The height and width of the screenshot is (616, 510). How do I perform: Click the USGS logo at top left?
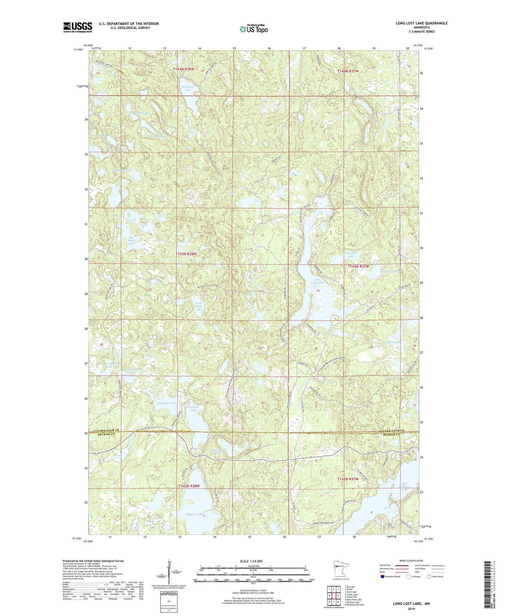pyautogui.click(x=78, y=27)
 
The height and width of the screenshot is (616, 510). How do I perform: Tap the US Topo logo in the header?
pyautogui.click(x=253, y=29)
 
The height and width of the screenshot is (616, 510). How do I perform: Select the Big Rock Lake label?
pyautogui.click(x=131, y=240)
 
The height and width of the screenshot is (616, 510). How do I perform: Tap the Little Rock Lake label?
pyautogui.click(x=199, y=306)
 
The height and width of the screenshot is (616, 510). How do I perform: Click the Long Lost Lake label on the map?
pyautogui.click(x=318, y=281)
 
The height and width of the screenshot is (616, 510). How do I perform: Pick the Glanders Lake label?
pyautogui.click(x=351, y=254)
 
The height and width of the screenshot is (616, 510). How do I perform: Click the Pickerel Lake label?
pyautogui.click(x=193, y=408)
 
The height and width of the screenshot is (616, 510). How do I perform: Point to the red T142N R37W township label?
pyautogui.click(x=348, y=479)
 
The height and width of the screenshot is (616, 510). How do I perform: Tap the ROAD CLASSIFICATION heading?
pyautogui.click(x=411, y=561)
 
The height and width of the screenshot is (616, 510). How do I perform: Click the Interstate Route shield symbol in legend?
pyautogui.click(x=382, y=576)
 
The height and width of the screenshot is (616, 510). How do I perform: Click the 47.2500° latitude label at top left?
pyautogui.click(x=79, y=50)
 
